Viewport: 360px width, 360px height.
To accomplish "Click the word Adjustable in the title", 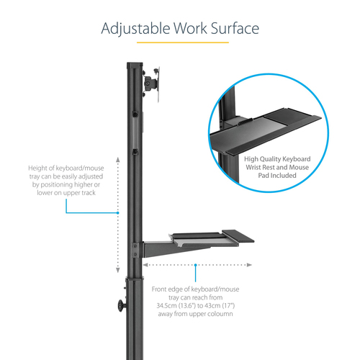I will (134, 30).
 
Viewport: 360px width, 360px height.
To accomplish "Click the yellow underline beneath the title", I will (179, 43).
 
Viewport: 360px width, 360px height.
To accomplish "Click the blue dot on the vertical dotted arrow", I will (117, 213).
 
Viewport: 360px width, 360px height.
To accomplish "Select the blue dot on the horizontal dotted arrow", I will (195, 265).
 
